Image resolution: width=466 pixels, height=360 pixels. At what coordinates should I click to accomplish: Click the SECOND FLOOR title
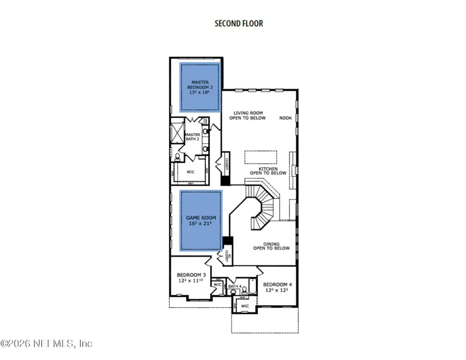(239, 24)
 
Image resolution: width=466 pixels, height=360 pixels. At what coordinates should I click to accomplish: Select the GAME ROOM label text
(200, 222)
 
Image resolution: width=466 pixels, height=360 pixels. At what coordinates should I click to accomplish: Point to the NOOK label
(285, 118)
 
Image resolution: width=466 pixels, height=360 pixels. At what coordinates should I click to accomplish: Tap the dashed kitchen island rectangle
(260, 156)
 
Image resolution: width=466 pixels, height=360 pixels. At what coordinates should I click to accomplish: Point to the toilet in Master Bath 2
(178, 156)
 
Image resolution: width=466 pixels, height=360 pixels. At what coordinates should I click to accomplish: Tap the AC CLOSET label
(226, 257)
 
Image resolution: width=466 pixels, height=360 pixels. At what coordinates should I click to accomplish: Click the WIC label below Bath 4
(245, 306)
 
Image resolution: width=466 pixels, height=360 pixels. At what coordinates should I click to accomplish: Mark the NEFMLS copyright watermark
(47, 343)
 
